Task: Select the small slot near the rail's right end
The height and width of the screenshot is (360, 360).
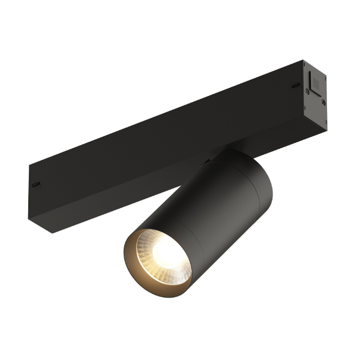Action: [295, 86]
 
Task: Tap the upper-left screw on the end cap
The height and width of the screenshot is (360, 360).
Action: [307, 91]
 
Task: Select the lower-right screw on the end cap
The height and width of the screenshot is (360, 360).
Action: [323, 103]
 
